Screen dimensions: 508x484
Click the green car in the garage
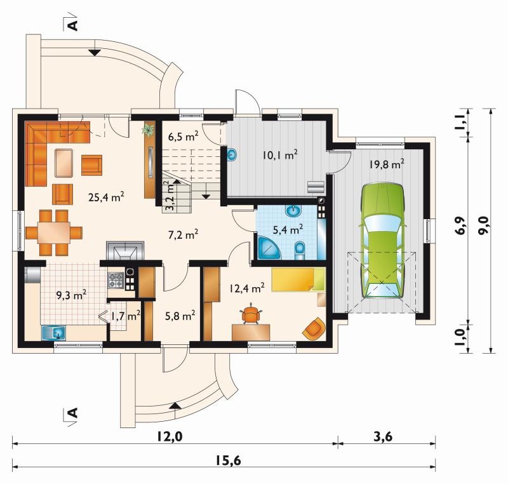(x=383, y=241)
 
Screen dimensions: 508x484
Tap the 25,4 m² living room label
(x=106, y=197)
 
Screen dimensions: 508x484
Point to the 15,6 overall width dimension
(x=229, y=460)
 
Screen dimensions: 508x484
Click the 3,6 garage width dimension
(x=383, y=437)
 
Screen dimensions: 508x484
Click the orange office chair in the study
(x=251, y=313)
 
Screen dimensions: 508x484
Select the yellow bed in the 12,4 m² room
(x=298, y=279)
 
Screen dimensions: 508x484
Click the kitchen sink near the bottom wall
(x=54, y=333)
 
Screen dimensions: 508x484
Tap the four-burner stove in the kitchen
(x=116, y=281)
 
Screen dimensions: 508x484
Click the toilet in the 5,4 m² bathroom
(x=300, y=251)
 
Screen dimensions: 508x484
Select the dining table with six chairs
(x=54, y=232)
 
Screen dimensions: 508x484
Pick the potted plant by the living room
(x=149, y=130)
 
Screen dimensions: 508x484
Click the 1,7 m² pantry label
(x=125, y=316)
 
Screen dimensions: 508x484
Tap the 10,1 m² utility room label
(x=280, y=155)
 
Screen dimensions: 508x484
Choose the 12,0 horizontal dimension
(x=170, y=437)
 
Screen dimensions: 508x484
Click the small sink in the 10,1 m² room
(x=232, y=155)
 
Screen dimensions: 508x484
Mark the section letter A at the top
(x=73, y=25)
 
